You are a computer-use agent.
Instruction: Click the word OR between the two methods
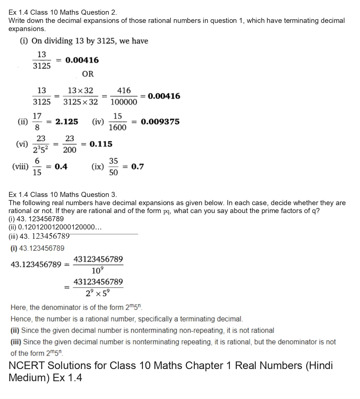click(x=88, y=74)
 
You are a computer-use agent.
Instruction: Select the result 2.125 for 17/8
click(x=67, y=122)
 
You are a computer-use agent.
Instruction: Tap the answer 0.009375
click(x=160, y=122)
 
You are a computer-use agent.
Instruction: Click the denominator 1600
click(x=117, y=128)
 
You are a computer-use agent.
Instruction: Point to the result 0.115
click(x=101, y=144)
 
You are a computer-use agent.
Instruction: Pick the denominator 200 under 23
click(x=69, y=150)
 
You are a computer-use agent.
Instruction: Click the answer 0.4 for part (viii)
click(x=61, y=167)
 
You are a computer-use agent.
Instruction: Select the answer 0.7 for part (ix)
click(x=137, y=167)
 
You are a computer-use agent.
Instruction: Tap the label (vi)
click(x=22, y=144)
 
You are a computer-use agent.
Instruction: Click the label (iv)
click(x=98, y=122)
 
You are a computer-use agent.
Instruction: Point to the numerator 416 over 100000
click(x=124, y=90)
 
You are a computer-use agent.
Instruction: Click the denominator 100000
click(x=124, y=102)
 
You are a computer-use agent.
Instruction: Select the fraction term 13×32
click(x=80, y=90)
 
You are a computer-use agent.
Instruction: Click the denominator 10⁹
click(x=98, y=271)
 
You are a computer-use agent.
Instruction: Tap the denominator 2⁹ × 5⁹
click(x=98, y=294)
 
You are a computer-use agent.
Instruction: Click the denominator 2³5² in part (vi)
click(x=41, y=150)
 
